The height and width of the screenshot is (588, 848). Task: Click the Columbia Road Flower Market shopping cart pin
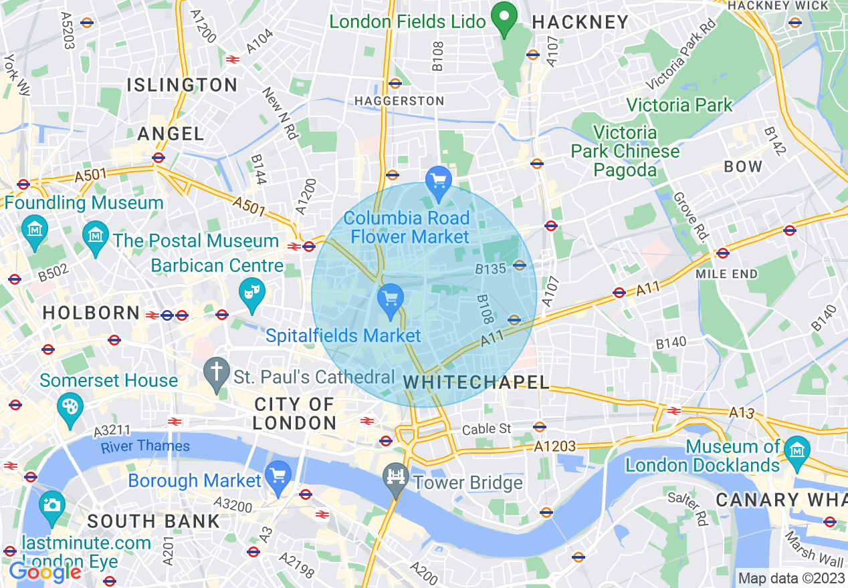439,180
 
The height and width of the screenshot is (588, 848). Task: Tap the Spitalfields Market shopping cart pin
390,297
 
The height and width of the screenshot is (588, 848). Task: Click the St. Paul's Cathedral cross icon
217,376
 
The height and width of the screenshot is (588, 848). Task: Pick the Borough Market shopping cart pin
278,476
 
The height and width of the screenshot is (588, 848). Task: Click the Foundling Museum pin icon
34,230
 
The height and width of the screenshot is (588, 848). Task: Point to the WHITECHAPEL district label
477,382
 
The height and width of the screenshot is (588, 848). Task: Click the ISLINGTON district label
182,85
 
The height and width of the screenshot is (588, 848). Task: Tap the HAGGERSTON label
399,101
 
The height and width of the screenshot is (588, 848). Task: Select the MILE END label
726,274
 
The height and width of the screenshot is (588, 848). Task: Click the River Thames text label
145,446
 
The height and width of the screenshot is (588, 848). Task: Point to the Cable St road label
488,429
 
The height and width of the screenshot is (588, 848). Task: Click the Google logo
45,572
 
